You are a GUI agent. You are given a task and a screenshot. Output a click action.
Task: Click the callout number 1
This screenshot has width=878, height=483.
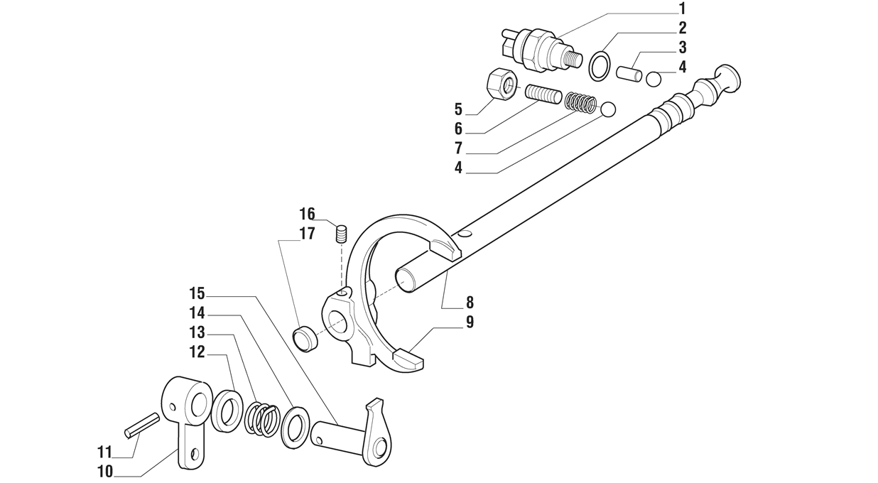pyautogui.click(x=682, y=9)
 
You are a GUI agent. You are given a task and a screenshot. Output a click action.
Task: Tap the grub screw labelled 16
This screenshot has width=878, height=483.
pyautogui.click(x=341, y=234)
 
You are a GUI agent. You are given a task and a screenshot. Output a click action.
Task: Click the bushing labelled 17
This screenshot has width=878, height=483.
pyautogui.click(x=306, y=338)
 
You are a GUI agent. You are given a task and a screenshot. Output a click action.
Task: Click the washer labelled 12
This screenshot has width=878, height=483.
pyautogui.click(x=226, y=410)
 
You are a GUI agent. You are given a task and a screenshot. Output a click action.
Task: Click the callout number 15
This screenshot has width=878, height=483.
pyautogui.click(x=197, y=293)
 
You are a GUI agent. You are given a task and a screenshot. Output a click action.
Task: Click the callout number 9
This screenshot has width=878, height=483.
pyautogui.click(x=470, y=322)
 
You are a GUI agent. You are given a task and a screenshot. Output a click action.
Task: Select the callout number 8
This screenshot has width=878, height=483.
pyautogui.click(x=470, y=303)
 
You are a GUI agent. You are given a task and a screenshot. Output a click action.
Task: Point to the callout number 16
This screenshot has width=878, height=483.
pyautogui.click(x=307, y=214)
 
